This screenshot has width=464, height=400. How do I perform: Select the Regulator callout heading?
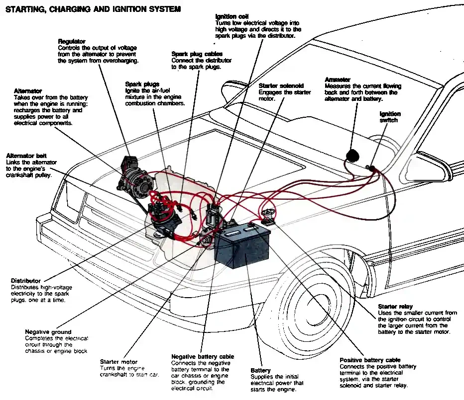72,41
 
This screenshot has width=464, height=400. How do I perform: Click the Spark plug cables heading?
197,54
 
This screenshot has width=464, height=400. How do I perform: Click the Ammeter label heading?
338,80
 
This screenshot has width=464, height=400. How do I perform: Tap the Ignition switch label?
390,117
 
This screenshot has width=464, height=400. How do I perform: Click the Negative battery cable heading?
202,357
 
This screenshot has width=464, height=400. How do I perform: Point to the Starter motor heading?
118,362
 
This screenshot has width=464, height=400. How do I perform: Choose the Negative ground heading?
48,332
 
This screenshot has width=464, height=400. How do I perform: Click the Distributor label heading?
26,281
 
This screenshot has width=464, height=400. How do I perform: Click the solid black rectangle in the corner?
45,382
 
